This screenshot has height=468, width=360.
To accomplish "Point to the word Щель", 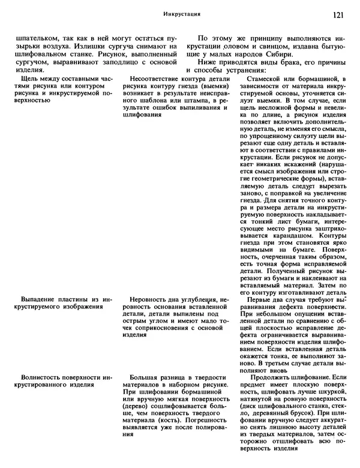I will pyautogui.click(x=31, y=78).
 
